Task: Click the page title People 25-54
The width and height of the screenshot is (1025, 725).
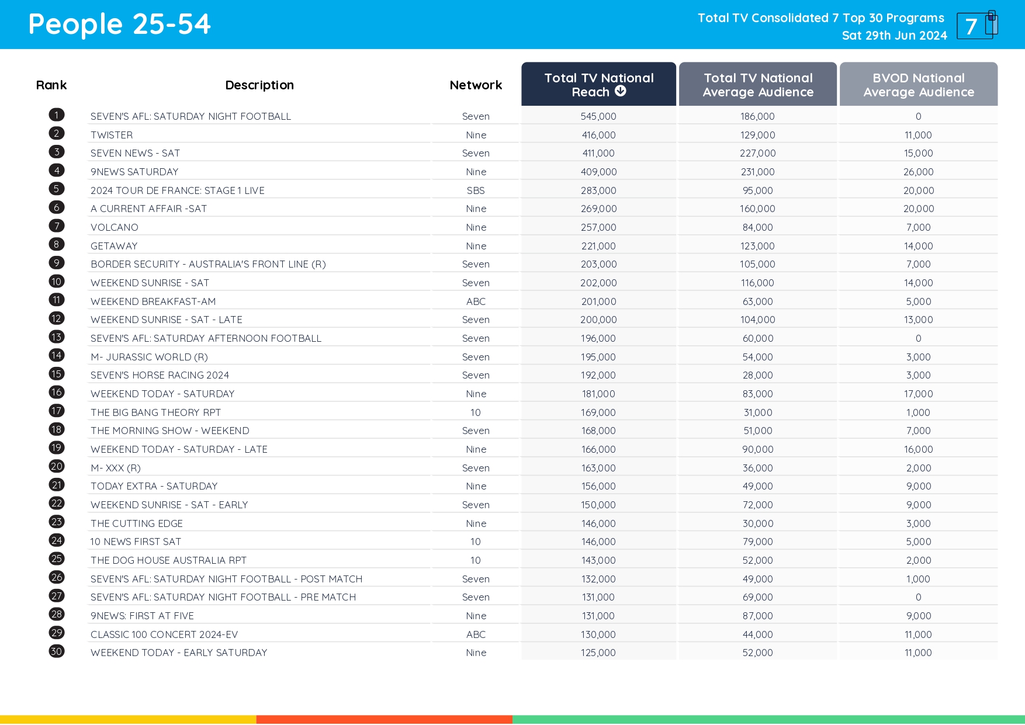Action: point(119,25)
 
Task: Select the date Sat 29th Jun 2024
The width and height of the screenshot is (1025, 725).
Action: point(894,36)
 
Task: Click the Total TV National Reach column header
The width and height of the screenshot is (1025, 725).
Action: point(598,85)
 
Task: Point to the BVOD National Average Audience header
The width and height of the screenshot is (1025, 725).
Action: point(918,85)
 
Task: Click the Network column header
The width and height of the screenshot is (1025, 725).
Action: point(476,85)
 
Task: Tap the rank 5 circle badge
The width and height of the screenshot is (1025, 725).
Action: point(57,189)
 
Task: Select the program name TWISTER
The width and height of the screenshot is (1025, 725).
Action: point(112,135)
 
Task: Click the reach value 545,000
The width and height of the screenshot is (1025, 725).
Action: point(598,116)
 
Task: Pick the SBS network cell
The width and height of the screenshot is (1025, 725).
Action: point(476,190)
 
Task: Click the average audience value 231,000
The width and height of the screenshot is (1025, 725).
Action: point(757,172)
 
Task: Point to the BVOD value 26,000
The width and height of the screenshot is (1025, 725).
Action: point(918,172)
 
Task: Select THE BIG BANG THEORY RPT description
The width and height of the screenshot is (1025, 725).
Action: point(155,412)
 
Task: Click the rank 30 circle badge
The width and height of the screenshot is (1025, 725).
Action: point(57,651)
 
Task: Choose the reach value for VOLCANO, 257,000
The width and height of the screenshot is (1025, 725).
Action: point(598,227)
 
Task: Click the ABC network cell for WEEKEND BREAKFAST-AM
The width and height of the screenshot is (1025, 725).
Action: point(476,301)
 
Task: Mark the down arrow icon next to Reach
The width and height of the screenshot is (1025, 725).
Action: point(621,91)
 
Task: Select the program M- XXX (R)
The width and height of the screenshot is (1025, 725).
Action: point(116,468)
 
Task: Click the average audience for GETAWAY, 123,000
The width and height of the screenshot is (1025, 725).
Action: point(757,246)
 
